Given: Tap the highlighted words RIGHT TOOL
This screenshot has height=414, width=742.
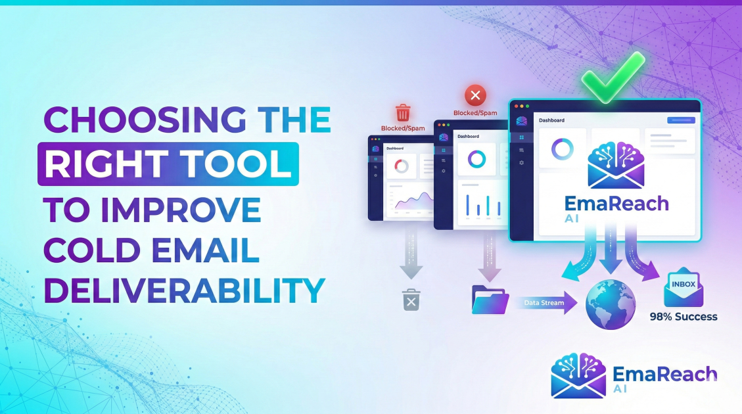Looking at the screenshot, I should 168,164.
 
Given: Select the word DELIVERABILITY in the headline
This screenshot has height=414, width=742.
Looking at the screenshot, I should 184,290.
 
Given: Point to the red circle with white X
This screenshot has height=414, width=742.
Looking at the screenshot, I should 475,96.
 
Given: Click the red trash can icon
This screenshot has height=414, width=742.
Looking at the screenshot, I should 402,112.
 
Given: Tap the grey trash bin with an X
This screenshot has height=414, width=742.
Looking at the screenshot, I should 411,299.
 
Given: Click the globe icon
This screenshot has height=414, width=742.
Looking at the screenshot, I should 611,305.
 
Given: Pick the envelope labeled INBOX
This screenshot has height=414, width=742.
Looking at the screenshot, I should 684,288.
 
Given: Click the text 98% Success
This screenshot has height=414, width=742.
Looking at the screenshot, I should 684,317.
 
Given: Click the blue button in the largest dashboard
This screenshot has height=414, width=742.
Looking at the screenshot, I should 681,120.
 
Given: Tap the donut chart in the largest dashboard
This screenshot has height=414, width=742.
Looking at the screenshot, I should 563,149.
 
